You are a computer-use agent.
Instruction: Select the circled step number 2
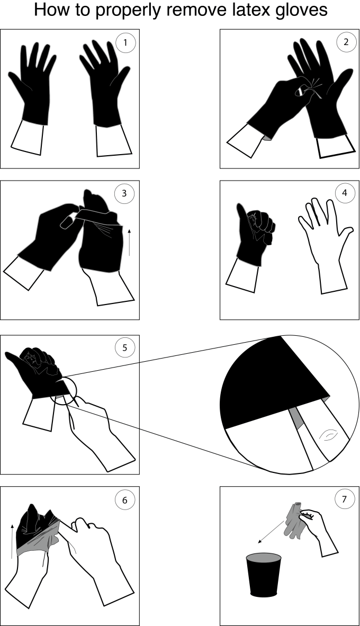pyautogui.click(x=346, y=43)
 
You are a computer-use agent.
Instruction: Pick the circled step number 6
pyautogui.click(x=125, y=499)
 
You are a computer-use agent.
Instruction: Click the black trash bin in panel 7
pyautogui.click(x=264, y=575)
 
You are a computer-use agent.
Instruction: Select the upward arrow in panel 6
pyautogui.click(x=12, y=540)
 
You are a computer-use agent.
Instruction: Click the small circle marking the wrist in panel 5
pyautogui.click(x=66, y=392)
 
